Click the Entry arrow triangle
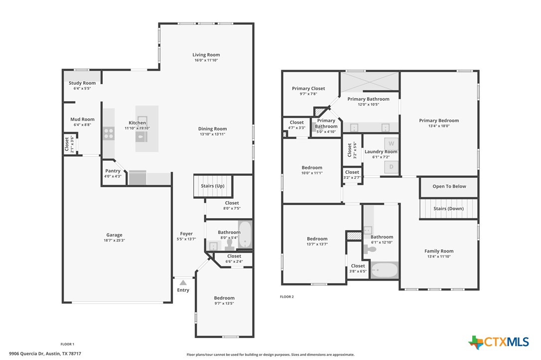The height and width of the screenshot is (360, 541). click(x=183, y=283)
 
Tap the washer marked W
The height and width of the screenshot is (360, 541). click(x=391, y=143)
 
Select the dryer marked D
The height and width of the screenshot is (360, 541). click(x=391, y=167)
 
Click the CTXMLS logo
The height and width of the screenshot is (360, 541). click(x=499, y=342)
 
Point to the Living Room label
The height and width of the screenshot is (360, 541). click(x=206, y=54)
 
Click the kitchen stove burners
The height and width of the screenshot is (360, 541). click(x=109, y=133)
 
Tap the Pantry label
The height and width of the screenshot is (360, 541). click(x=113, y=171)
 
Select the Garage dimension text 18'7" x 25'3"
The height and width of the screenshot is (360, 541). click(x=114, y=240)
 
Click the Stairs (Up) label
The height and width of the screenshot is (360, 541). click(x=213, y=186)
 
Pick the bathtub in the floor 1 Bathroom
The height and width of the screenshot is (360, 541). click(x=245, y=234)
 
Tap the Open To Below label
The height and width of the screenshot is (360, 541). click(x=449, y=186)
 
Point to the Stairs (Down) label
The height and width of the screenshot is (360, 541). click(x=448, y=209)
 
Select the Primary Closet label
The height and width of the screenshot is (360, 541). click(x=308, y=88)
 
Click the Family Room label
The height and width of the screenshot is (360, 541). click(x=439, y=251)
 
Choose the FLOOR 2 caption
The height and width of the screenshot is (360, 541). click(x=287, y=297)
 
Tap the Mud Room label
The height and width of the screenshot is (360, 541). click(x=82, y=120)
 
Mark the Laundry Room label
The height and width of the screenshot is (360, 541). click(x=381, y=152)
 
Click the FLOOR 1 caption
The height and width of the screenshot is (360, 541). click(x=67, y=344)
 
